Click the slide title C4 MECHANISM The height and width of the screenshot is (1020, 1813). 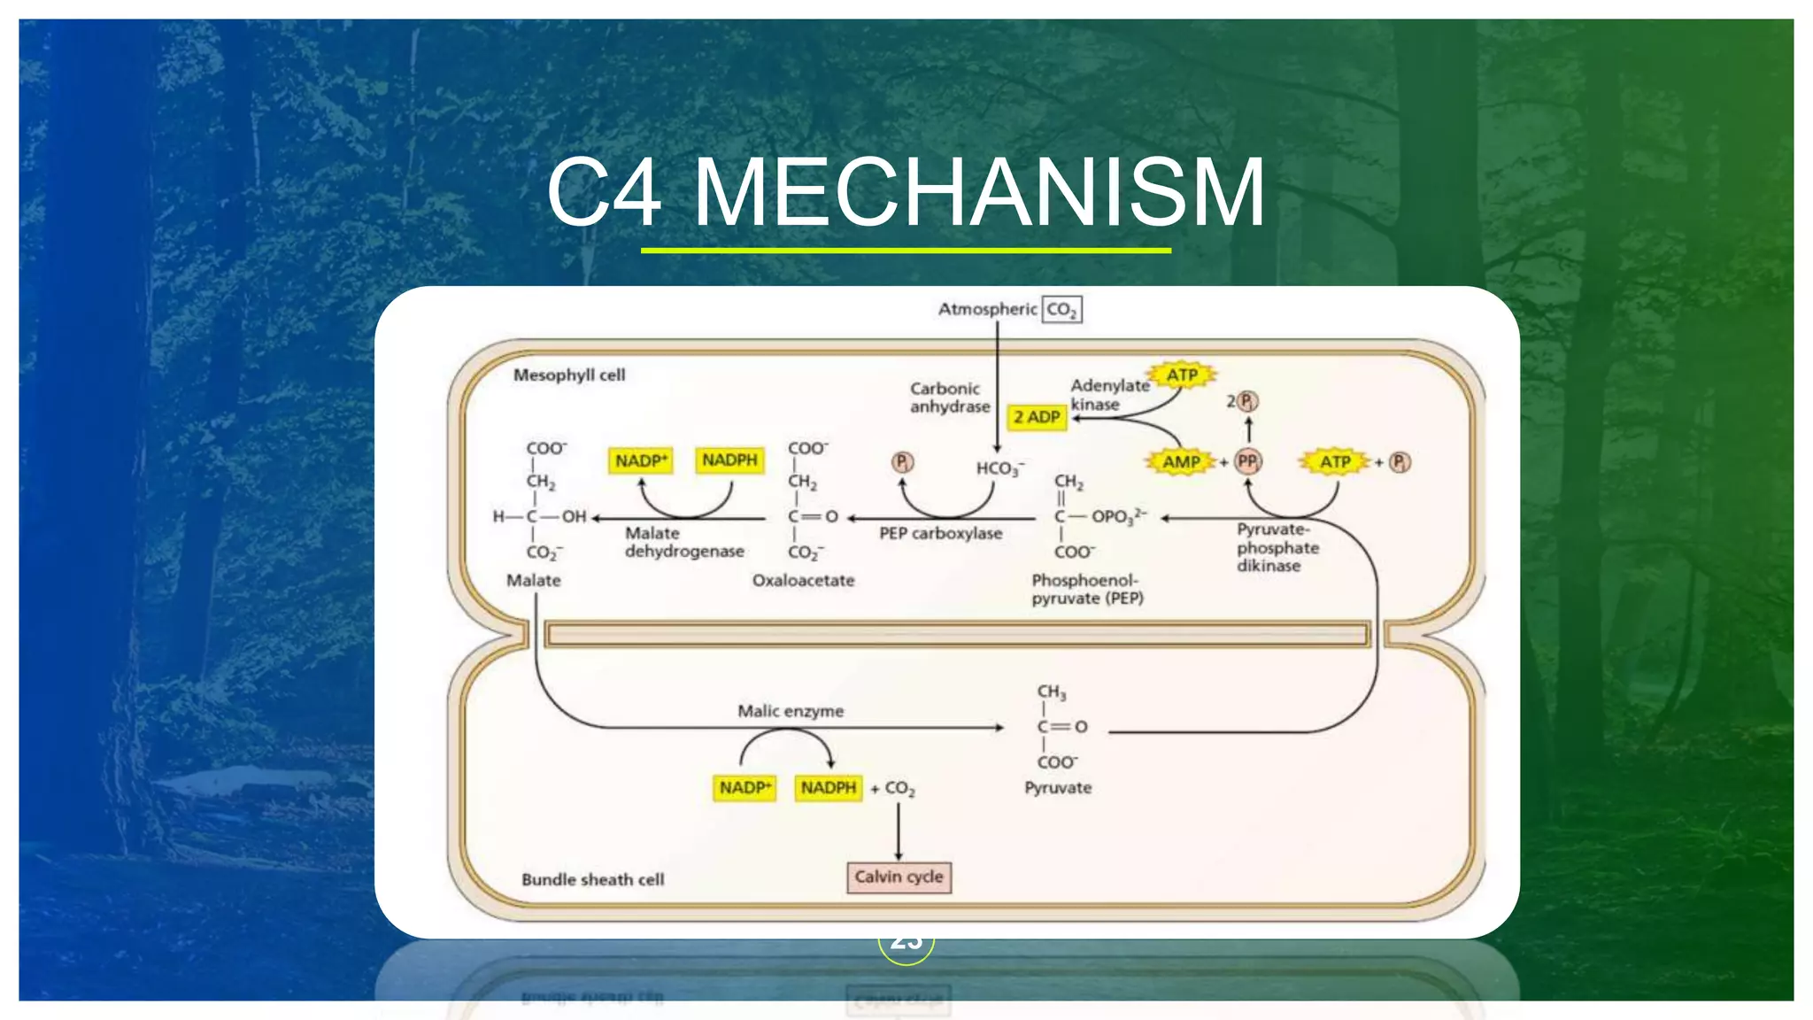point(906,193)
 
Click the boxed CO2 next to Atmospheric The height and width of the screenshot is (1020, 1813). point(1061,310)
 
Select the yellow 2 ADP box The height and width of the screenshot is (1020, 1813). point(1037,417)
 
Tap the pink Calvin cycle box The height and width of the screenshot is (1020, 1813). point(899,877)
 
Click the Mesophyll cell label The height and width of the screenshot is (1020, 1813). point(569,375)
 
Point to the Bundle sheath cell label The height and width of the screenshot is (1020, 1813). point(592,880)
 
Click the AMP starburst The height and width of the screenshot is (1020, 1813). point(1181,461)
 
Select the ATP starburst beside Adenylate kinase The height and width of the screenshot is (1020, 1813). point(1182,375)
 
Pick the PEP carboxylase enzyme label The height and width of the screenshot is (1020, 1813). point(940,534)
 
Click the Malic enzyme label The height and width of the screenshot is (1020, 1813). point(791,711)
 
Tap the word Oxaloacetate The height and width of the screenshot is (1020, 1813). point(803,581)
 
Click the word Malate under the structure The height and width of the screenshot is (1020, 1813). point(533,581)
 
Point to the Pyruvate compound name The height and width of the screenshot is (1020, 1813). point(1058,788)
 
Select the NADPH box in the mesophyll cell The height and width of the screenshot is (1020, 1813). point(729,460)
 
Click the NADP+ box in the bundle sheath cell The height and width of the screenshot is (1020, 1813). point(744,788)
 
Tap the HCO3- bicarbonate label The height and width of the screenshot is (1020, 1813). point(999,468)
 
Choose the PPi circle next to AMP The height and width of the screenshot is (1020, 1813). point(1247,461)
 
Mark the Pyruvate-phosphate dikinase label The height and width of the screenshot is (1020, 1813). point(1277,548)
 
